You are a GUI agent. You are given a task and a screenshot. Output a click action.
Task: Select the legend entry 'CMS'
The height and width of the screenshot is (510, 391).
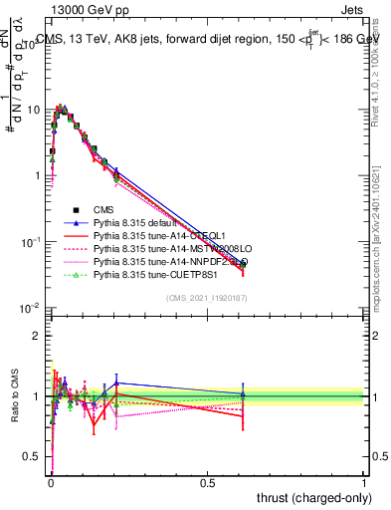tap(104, 210)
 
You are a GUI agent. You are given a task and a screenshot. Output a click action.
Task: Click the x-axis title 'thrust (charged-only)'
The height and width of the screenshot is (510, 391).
tap(307, 495)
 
